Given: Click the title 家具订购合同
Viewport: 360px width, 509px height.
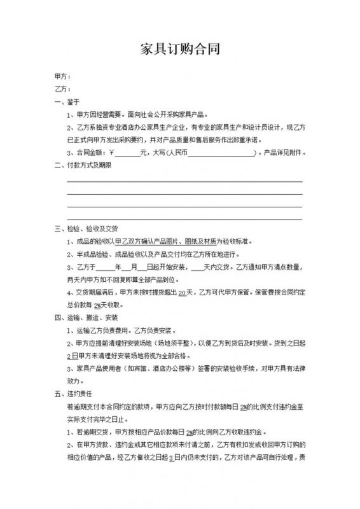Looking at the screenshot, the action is [179, 50].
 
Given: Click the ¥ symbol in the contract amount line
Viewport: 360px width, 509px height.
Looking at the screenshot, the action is [111, 153].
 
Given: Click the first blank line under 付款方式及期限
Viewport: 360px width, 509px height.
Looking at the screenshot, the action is [184, 182].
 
